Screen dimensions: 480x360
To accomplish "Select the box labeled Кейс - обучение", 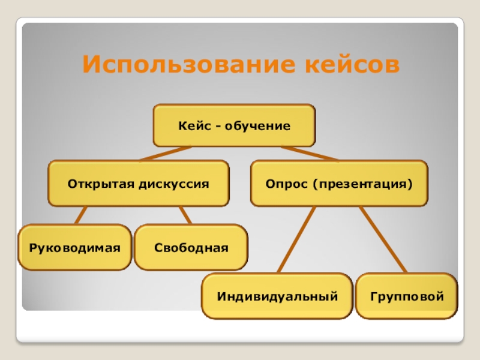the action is tap(234, 126).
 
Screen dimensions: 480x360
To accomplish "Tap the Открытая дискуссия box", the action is tap(139, 183).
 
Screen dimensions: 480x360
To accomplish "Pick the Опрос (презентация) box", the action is tap(339, 183).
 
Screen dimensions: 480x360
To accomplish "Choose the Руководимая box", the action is tap(75, 247).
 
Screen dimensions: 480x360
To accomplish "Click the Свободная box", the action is tap(191, 247).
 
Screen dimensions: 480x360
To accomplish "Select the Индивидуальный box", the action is tap(277, 296).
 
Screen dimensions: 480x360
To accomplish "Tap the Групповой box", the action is tap(406, 296).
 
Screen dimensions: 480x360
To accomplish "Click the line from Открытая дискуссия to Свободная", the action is tap(185, 215).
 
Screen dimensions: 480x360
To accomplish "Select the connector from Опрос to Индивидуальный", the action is tap(296, 239).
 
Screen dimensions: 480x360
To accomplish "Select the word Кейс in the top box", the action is tap(191, 126).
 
